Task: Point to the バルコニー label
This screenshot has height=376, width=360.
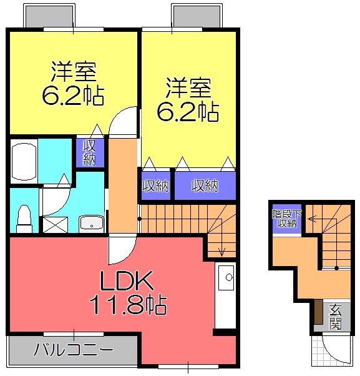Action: coord(73,349)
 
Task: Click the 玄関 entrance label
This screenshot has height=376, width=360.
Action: coord(335,317)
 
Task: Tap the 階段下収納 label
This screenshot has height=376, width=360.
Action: coord(286,219)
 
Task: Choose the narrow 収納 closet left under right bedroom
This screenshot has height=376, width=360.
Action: coord(155,186)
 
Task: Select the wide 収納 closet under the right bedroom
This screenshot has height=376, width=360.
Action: coord(205,186)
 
